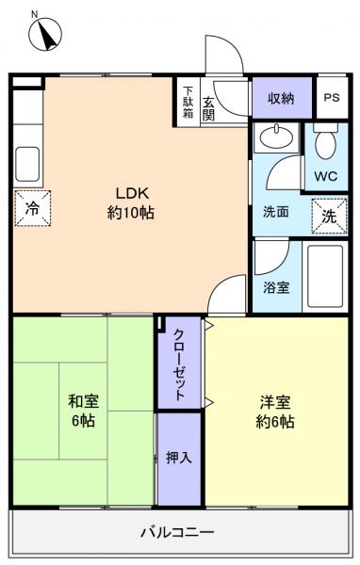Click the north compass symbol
[41, 35]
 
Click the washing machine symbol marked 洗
[329, 214]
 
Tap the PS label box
[331, 98]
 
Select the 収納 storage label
[281, 98]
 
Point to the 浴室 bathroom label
[276, 287]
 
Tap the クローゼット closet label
[179, 363]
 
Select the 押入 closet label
[179, 458]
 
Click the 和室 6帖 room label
[83, 411]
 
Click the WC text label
[325, 176]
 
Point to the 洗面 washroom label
[275, 212]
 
